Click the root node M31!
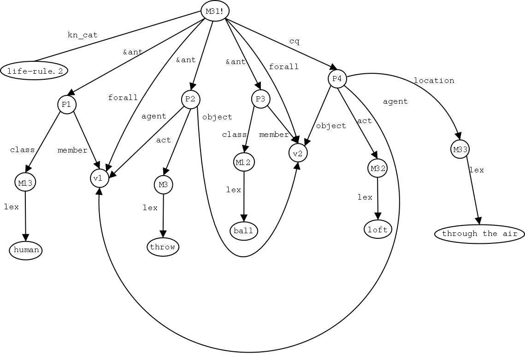[x=215, y=11]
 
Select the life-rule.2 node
[x=35, y=71]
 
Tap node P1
[x=66, y=105]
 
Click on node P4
[x=337, y=79]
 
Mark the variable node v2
[x=298, y=153]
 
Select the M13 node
[x=25, y=183]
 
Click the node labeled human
[x=25, y=250]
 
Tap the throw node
[x=163, y=247]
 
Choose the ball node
[x=243, y=230]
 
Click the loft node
[x=378, y=229]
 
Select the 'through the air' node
[x=479, y=234]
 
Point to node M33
[x=460, y=149]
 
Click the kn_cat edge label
[x=83, y=35]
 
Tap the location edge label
[x=434, y=81]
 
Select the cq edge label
[x=294, y=41]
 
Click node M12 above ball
[x=244, y=162]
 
